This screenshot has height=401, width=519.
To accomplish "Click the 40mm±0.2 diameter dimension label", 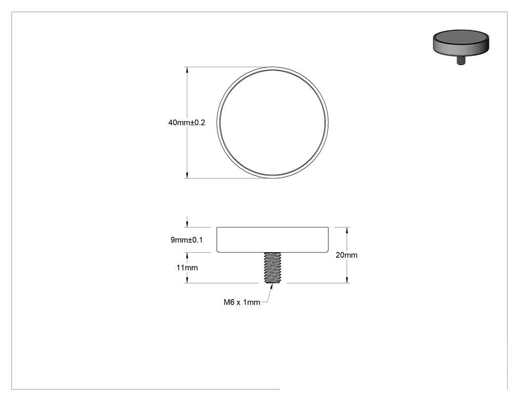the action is click(x=187, y=123).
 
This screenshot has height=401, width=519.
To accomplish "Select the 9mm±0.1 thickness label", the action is click(x=187, y=240).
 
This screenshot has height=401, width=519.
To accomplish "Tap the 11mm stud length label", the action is click(x=187, y=267).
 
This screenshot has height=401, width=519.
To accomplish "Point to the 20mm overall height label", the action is click(x=346, y=255).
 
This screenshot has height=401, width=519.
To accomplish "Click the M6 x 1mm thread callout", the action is click(x=242, y=302).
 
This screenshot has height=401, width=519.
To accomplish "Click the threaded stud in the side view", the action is click(x=272, y=267).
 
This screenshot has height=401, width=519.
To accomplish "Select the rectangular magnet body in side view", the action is click(x=273, y=240).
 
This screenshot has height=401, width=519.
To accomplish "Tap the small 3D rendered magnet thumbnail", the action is click(x=461, y=47).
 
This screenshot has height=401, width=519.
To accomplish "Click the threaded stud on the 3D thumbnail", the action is click(x=460, y=60).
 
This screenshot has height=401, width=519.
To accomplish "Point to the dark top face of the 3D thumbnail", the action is click(x=461, y=39).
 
